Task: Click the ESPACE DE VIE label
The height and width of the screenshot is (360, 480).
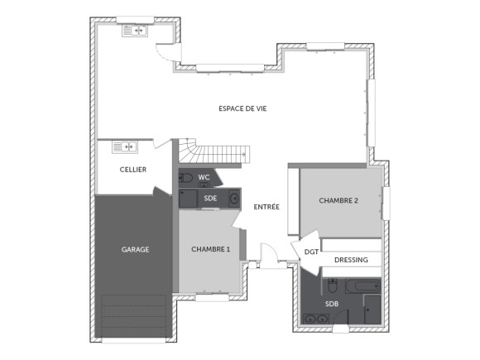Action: (x=242, y=108)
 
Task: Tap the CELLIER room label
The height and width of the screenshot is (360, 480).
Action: (x=133, y=170)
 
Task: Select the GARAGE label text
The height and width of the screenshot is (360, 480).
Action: (x=135, y=248)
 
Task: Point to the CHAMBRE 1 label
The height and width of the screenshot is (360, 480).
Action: (x=211, y=248)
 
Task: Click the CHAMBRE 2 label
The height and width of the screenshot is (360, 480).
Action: (x=338, y=200)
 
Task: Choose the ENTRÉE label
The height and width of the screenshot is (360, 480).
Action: (x=266, y=207)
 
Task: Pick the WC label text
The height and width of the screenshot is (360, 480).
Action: (x=204, y=177)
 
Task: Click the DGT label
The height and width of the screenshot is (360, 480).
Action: (x=311, y=252)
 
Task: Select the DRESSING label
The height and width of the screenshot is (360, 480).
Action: (x=351, y=260)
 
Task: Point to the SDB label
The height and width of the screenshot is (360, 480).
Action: (x=332, y=304)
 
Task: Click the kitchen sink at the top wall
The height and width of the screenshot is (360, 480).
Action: (x=134, y=31)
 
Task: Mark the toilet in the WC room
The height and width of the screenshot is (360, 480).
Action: (x=185, y=177)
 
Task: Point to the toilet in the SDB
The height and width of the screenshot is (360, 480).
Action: (x=331, y=286)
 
